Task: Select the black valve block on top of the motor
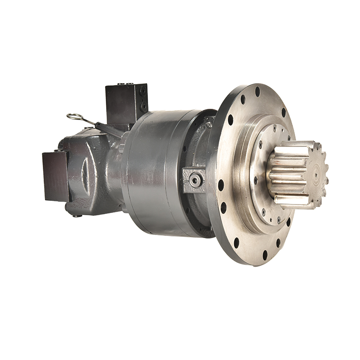pos(126,102)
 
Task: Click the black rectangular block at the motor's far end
pos(54,176)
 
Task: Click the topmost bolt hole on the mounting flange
pos(257,91)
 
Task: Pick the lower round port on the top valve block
pos(144,106)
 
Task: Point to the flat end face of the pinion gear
pos(317,173)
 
